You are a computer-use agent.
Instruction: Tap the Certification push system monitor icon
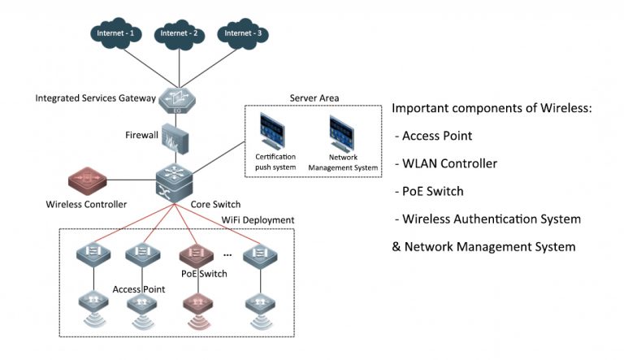pos(275,132)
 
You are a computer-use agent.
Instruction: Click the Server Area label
pos(314,98)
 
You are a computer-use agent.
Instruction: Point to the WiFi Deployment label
pos(258,220)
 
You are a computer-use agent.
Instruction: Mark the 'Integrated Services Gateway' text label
pos(95,98)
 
